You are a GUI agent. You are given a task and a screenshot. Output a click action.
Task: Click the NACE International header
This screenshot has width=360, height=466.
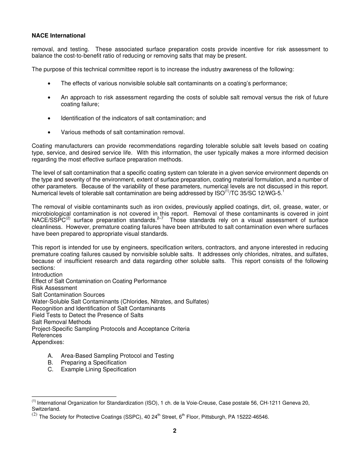pyautogui.click(x=58, y=36)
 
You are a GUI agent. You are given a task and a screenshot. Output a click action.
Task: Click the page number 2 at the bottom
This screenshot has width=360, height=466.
pyautogui.click(x=175, y=431)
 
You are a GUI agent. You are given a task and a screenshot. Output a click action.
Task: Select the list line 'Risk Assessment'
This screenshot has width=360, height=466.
pyautogui.click(x=54, y=288)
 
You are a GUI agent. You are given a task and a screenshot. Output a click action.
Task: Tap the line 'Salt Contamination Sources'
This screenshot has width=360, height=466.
pyautogui.click(x=68, y=295)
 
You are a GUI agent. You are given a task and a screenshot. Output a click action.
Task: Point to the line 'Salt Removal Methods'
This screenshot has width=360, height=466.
pyautogui.click(x=61, y=322)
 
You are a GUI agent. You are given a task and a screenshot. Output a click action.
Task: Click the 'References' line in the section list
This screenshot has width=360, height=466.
pyautogui.click(x=47, y=335)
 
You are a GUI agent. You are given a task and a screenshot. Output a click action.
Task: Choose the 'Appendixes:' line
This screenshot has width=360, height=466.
pyautogui.click(x=48, y=342)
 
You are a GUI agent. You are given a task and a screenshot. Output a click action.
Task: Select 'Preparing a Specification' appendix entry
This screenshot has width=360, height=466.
pyautogui.click(x=94, y=363)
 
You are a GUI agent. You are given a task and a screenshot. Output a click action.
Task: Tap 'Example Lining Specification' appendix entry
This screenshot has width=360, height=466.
pyautogui.click(x=99, y=369)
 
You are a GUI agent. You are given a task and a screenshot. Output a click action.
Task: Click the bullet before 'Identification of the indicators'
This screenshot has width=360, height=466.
pyautogui.click(x=50, y=118)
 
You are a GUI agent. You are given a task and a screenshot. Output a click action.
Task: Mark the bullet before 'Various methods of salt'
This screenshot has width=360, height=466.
pyautogui.click(x=50, y=133)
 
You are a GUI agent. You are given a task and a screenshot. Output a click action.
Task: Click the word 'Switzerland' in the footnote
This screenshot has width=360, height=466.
pyautogui.click(x=46, y=409)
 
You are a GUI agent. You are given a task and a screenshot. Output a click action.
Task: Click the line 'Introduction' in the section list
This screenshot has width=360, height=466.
pyautogui.click(x=47, y=275)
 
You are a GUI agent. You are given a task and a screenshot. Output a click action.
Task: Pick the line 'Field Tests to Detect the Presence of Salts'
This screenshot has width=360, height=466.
pyautogui.click(x=88, y=315)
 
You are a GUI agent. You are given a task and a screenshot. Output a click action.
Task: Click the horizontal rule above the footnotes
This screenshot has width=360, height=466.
pyautogui.click(x=74, y=397)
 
